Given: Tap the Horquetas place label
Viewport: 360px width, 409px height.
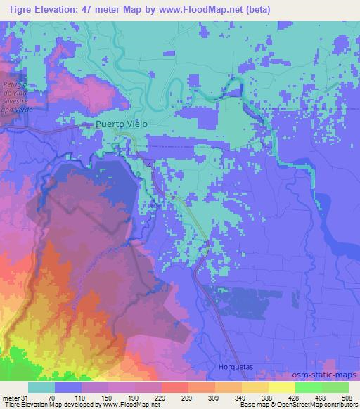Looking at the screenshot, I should click(x=231, y=367).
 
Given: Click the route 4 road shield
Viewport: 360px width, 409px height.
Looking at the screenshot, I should click(x=149, y=164).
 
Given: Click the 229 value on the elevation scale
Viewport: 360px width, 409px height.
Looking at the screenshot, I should click(x=161, y=397).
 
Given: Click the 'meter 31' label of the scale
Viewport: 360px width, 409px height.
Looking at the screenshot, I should click(x=13, y=397).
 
